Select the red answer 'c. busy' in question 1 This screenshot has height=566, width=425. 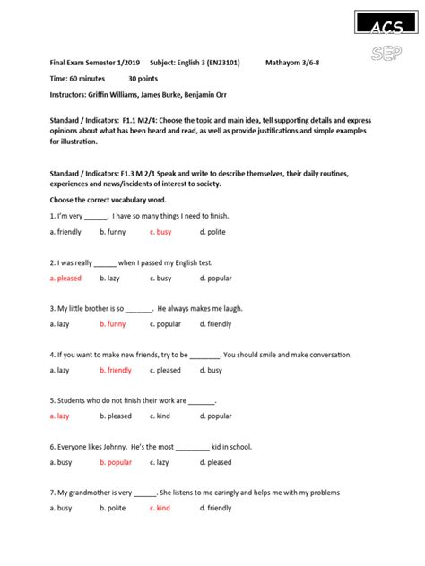(160, 232)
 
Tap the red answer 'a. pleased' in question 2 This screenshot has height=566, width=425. (65, 279)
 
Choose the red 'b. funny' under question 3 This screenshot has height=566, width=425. (113, 324)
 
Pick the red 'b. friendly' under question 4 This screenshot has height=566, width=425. (116, 370)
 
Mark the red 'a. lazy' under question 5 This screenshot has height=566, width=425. (59, 416)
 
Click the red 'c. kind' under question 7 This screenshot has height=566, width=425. (160, 509)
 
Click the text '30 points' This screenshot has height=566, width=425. (145, 79)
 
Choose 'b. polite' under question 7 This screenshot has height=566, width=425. (113, 509)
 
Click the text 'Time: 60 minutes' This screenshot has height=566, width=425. (77, 79)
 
